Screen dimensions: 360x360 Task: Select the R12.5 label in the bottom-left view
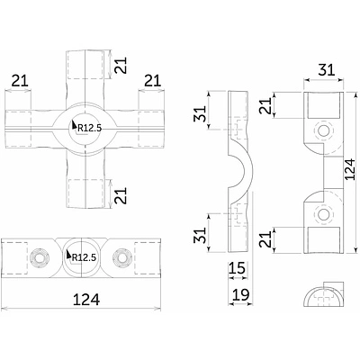(x=84, y=256)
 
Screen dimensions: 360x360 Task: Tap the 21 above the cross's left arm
(x=18, y=81)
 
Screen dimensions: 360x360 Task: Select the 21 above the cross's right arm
(x=152, y=81)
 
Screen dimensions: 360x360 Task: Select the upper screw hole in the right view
(x=322, y=130)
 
